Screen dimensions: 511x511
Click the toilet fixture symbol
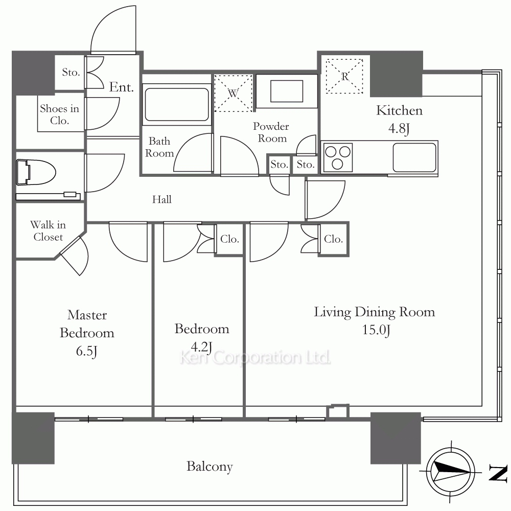coord(36,172)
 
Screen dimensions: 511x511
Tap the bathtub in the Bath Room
coord(177,105)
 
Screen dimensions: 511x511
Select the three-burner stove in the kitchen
coord(337,157)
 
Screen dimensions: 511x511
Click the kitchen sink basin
coord(414,158)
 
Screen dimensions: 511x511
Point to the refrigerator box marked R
coord(344,76)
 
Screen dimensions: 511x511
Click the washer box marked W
coord(234,94)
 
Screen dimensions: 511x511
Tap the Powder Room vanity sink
coord(287,91)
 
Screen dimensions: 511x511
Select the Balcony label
coord(210,467)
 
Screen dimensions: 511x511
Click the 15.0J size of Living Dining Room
coord(376,330)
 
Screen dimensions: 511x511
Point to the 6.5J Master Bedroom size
coord(86,352)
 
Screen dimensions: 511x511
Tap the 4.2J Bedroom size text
coord(201,347)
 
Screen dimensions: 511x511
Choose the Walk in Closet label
coord(48,231)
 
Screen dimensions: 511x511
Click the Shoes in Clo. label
coord(59,114)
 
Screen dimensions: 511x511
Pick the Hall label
coord(161,199)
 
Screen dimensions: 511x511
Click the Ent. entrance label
coord(121,87)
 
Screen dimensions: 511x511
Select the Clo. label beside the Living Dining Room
coord(333,239)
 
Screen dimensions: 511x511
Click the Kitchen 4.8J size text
coord(399,129)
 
